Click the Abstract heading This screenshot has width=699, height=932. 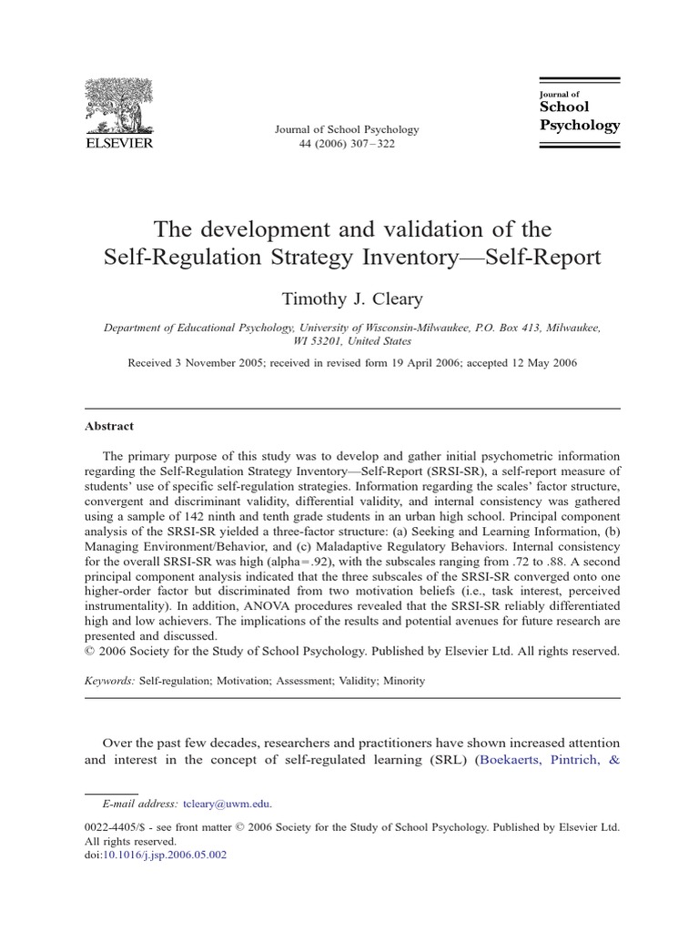(109, 425)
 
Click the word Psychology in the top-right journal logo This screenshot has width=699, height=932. (580, 125)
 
